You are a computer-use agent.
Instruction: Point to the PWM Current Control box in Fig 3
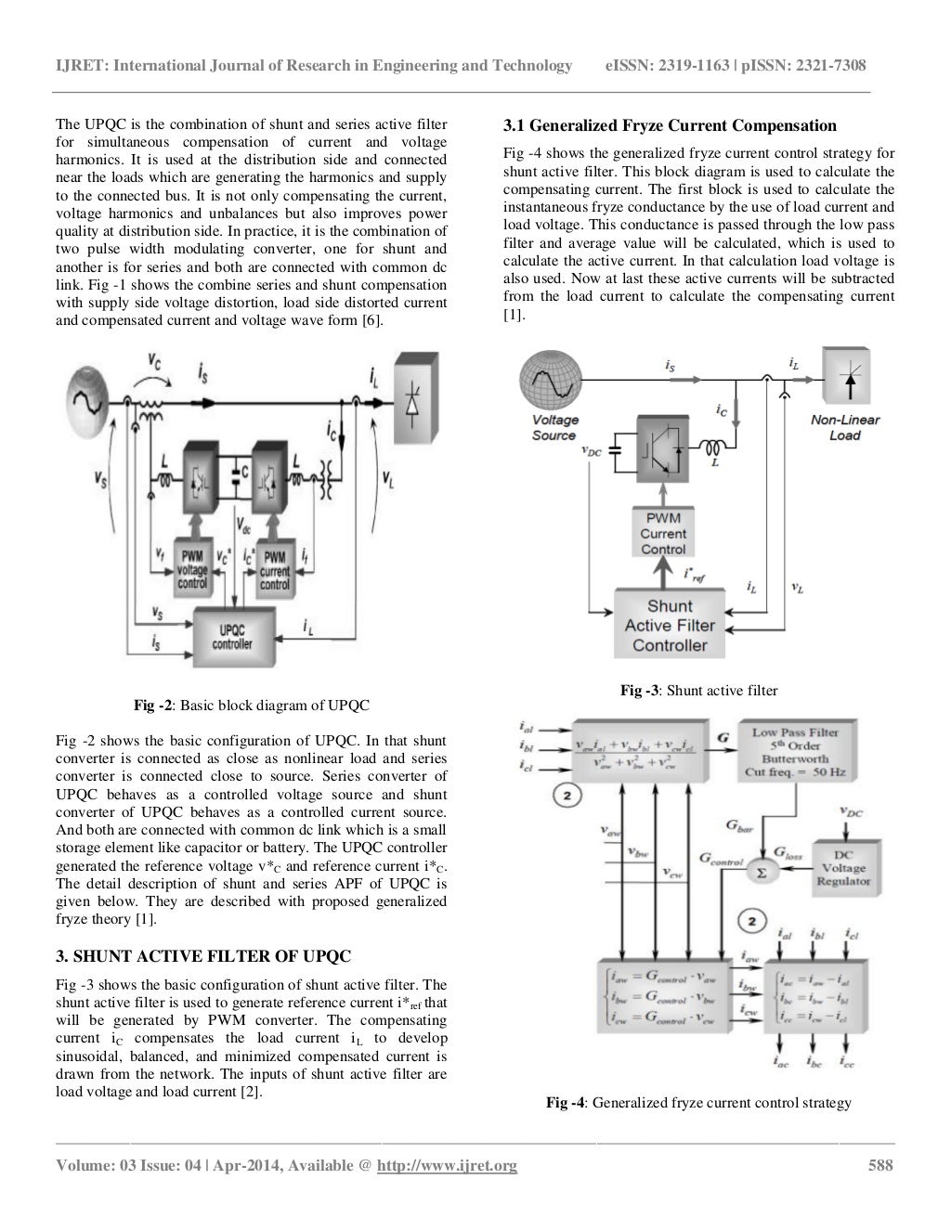[663, 534]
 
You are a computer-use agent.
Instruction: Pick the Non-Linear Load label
[844, 427]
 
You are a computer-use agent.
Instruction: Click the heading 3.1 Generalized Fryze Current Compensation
[670, 125]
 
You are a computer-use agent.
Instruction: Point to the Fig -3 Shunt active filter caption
[698, 690]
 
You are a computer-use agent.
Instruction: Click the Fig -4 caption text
[698, 1103]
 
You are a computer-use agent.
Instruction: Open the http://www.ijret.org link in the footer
[447, 1166]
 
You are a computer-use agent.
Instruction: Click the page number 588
[879, 1166]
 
